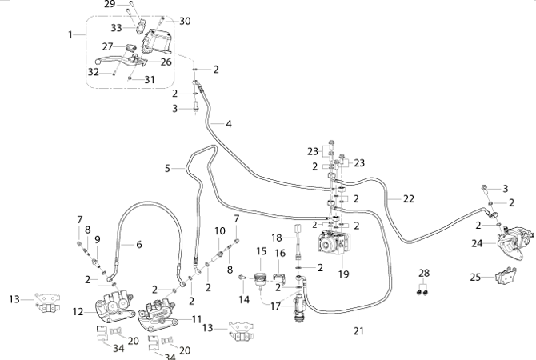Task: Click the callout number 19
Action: (x=343, y=274)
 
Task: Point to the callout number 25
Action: (x=475, y=277)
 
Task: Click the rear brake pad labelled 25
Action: (x=506, y=277)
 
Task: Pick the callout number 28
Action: (x=424, y=273)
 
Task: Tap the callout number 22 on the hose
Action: (x=409, y=198)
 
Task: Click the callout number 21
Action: (x=358, y=330)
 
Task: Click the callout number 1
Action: (x=70, y=34)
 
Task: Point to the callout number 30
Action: (x=185, y=21)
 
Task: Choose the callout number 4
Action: (x=229, y=124)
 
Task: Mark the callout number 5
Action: (x=167, y=168)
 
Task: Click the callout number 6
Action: (x=138, y=245)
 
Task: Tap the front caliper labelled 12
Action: (x=114, y=306)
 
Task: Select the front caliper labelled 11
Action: (x=157, y=314)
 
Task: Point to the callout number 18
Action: (x=277, y=238)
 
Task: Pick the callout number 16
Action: (x=280, y=254)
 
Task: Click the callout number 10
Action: (x=220, y=231)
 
